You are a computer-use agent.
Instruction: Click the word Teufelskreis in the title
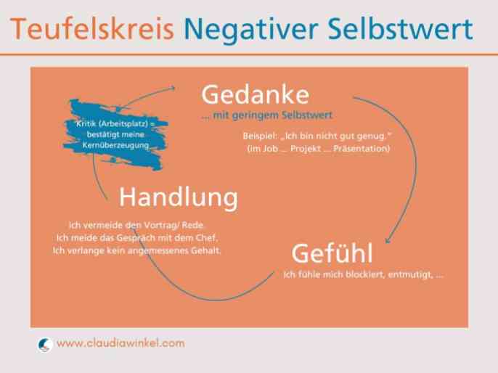(x=92, y=28)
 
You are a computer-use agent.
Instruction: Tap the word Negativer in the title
(x=251, y=30)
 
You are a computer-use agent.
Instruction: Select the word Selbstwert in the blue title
(x=400, y=28)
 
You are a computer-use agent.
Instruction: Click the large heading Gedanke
(x=255, y=94)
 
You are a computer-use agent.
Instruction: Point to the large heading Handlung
(x=178, y=197)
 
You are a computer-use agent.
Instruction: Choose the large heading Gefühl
(x=332, y=253)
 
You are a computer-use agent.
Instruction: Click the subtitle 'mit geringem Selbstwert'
(x=272, y=115)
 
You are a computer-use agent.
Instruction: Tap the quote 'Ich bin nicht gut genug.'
(x=335, y=136)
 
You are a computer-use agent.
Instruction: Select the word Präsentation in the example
(x=362, y=149)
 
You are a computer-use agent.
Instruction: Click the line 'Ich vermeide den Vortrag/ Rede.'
(x=136, y=225)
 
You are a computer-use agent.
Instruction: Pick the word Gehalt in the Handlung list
(x=206, y=250)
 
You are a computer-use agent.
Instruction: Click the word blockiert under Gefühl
(x=365, y=274)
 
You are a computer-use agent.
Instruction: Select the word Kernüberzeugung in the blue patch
(x=116, y=145)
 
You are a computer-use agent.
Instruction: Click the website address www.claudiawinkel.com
(x=121, y=343)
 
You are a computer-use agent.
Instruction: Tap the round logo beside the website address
(x=45, y=345)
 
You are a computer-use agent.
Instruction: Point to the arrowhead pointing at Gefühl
(x=388, y=240)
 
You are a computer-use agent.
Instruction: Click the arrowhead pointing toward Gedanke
(x=173, y=88)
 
